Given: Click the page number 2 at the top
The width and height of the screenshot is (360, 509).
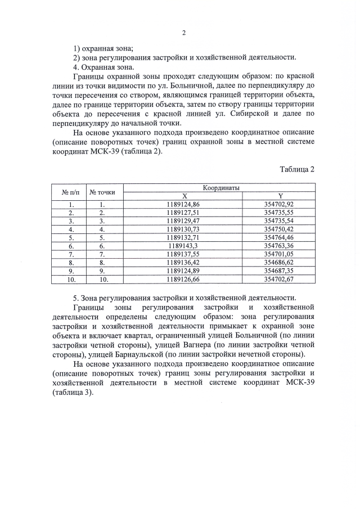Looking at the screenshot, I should coord(183,32).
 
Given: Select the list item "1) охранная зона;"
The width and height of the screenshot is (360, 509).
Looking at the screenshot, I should coord(103,48).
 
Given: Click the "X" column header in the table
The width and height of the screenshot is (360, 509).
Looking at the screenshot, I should coord(183,196).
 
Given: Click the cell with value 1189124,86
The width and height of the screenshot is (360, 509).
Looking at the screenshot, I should coord(183,205).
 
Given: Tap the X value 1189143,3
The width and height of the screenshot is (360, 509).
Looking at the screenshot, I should coord(183,246).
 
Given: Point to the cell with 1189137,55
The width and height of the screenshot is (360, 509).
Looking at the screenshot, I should coord(183,254).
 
